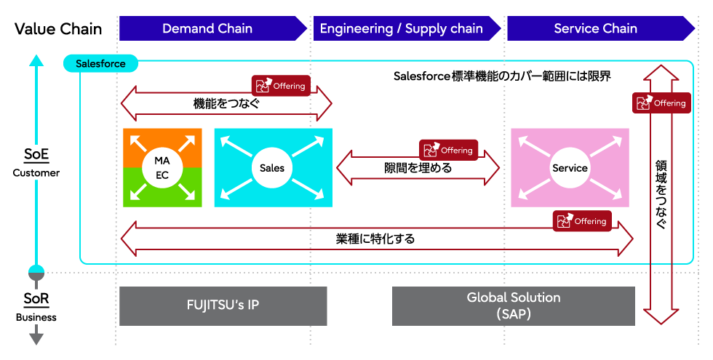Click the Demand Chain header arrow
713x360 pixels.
pyautogui.click(x=212, y=28)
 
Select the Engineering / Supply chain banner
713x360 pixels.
pyautogui.click(x=407, y=28)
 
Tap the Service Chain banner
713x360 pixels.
pyautogui.click(x=601, y=28)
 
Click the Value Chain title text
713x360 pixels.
pyautogui.click(x=58, y=28)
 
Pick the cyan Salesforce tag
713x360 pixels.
pyautogui.click(x=100, y=64)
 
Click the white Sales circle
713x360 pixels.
pyautogui.click(x=272, y=168)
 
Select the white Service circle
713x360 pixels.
pyautogui.click(x=570, y=168)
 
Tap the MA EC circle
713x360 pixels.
pyautogui.click(x=162, y=168)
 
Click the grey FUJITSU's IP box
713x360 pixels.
pyautogui.click(x=223, y=306)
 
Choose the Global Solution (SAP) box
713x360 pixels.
pyautogui.click(x=514, y=306)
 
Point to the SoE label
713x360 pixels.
pyautogui.click(x=36, y=154)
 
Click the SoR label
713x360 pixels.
pyautogui.click(x=36, y=299)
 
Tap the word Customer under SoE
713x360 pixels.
pyautogui.click(x=36, y=173)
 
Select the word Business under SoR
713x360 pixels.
pyautogui.click(x=36, y=317)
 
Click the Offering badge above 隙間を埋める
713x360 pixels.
pyautogui.click(x=448, y=150)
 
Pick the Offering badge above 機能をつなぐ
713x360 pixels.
pyautogui.click(x=281, y=86)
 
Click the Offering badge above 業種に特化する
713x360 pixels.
pyautogui.click(x=582, y=221)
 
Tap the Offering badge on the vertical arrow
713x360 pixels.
pyautogui.click(x=661, y=103)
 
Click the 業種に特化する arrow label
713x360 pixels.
pyautogui.click(x=375, y=239)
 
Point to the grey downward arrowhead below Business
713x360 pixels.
pyautogui.click(x=36, y=337)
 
